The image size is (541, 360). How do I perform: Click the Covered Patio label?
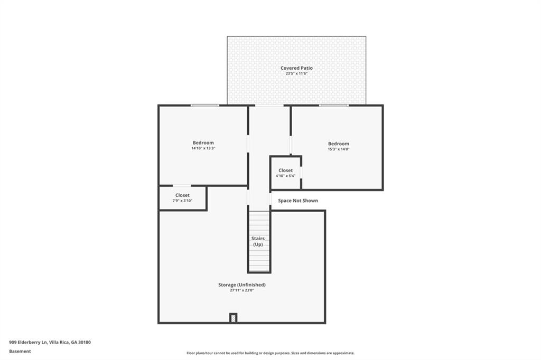296,68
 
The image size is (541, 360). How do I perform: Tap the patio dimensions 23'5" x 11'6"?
296,74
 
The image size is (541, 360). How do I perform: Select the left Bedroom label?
203,143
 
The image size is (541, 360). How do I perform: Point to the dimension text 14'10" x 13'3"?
203,149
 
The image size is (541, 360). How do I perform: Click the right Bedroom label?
338,144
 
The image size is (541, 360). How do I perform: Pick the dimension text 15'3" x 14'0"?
338,149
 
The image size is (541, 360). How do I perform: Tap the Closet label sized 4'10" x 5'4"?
285,170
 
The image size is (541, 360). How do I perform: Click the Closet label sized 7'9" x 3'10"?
182,195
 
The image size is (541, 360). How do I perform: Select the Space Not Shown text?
298,201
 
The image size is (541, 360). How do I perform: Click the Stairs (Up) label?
258,242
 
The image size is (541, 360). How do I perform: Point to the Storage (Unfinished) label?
242,285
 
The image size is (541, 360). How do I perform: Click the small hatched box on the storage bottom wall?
233,318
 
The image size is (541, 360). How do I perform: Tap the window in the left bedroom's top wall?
205,106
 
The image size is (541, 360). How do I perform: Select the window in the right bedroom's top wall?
333,106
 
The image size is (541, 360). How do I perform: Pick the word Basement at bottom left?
20,351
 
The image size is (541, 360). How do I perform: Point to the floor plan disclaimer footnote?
270,353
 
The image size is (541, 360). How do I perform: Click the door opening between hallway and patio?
269,106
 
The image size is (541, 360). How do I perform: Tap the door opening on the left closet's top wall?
182,186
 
